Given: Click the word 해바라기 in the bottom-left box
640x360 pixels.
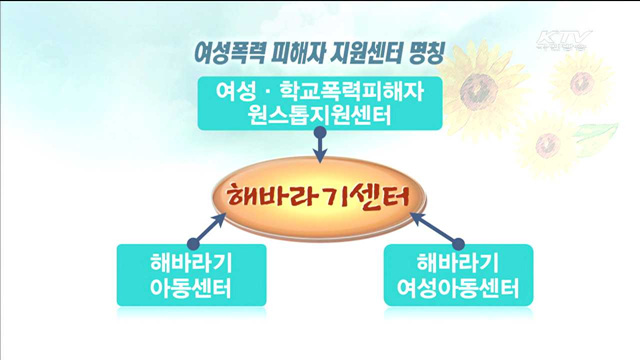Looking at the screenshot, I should pyautogui.click(x=190, y=265).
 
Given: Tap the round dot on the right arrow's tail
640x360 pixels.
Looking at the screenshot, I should pyautogui.click(x=460, y=241).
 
